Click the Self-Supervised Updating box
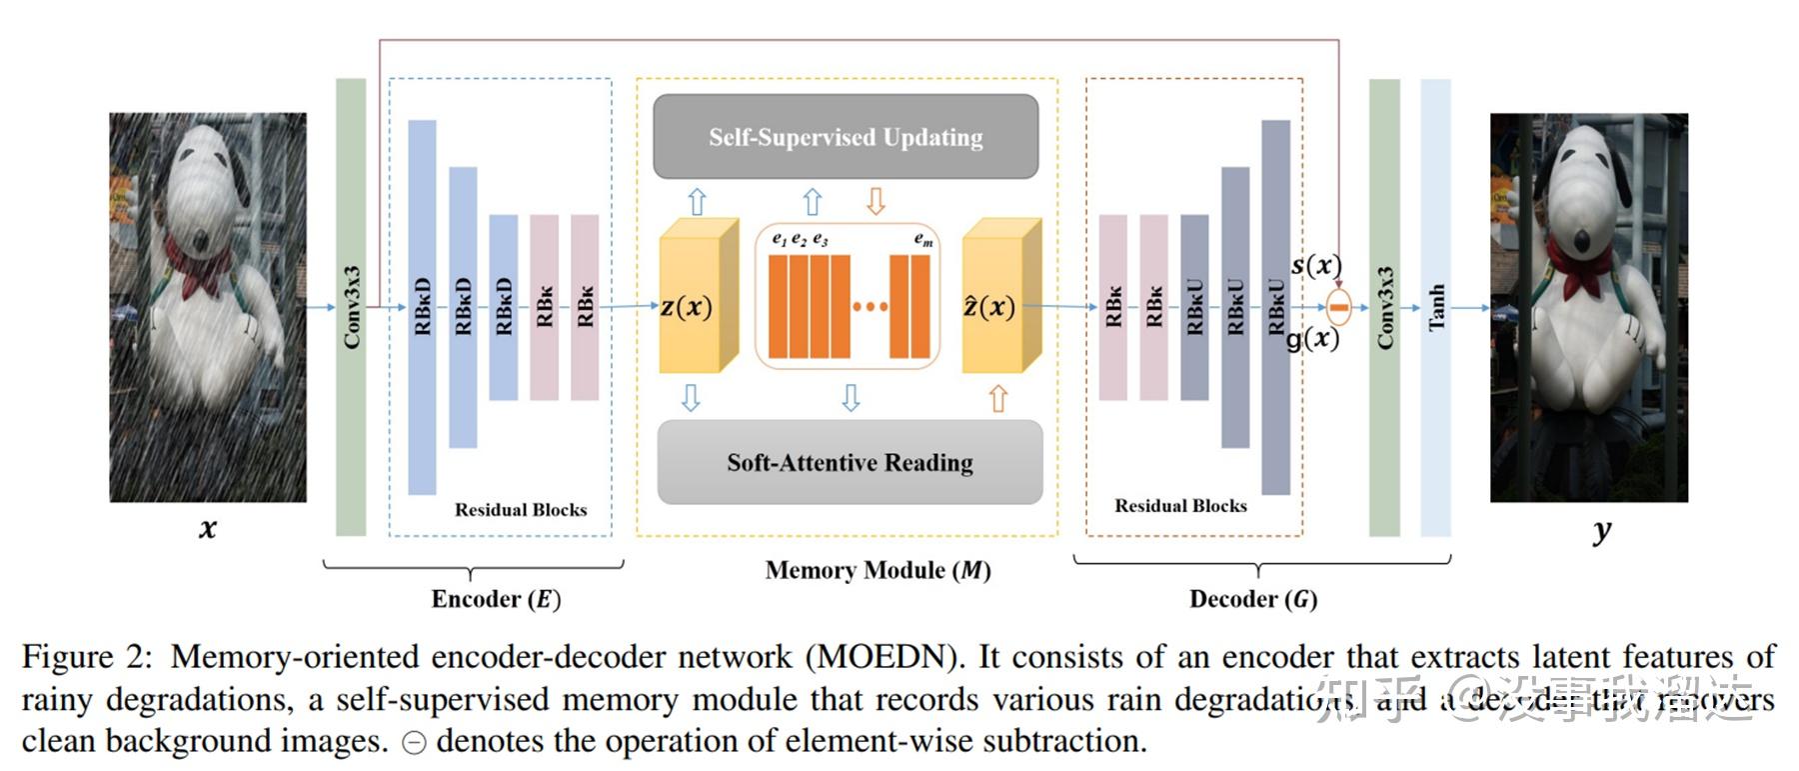(x=846, y=137)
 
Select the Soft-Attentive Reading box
(x=850, y=462)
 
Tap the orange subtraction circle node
(x=1339, y=306)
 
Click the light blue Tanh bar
(x=1435, y=307)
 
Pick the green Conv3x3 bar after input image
(x=351, y=307)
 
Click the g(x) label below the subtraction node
(x=1312, y=339)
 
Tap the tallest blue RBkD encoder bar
(x=422, y=307)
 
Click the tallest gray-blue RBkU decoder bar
(x=1276, y=307)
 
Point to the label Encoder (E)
(x=496, y=599)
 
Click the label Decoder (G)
(x=1253, y=599)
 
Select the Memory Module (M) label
(x=878, y=570)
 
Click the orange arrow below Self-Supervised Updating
(x=876, y=201)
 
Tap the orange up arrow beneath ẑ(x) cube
(x=997, y=398)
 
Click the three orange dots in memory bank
(x=870, y=307)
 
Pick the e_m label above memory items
(x=923, y=240)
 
